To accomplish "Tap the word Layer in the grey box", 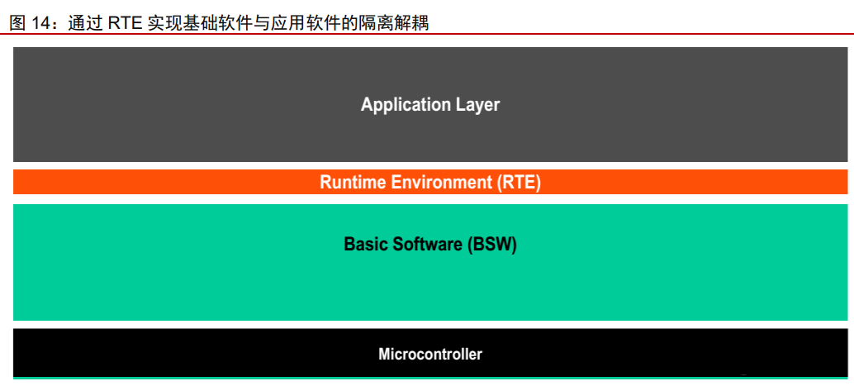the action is click(477, 105).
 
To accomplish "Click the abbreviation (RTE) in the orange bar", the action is click(519, 182).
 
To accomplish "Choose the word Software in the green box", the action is click(425, 245).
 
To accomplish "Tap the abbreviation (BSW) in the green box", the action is click(491, 245).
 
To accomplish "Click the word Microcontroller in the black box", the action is click(430, 355).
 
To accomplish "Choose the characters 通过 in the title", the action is click(84, 23).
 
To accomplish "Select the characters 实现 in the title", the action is click(164, 23).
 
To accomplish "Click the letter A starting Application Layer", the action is click(367, 104).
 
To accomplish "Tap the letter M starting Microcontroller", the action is click(385, 355).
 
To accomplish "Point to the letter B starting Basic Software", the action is click(349, 245).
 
